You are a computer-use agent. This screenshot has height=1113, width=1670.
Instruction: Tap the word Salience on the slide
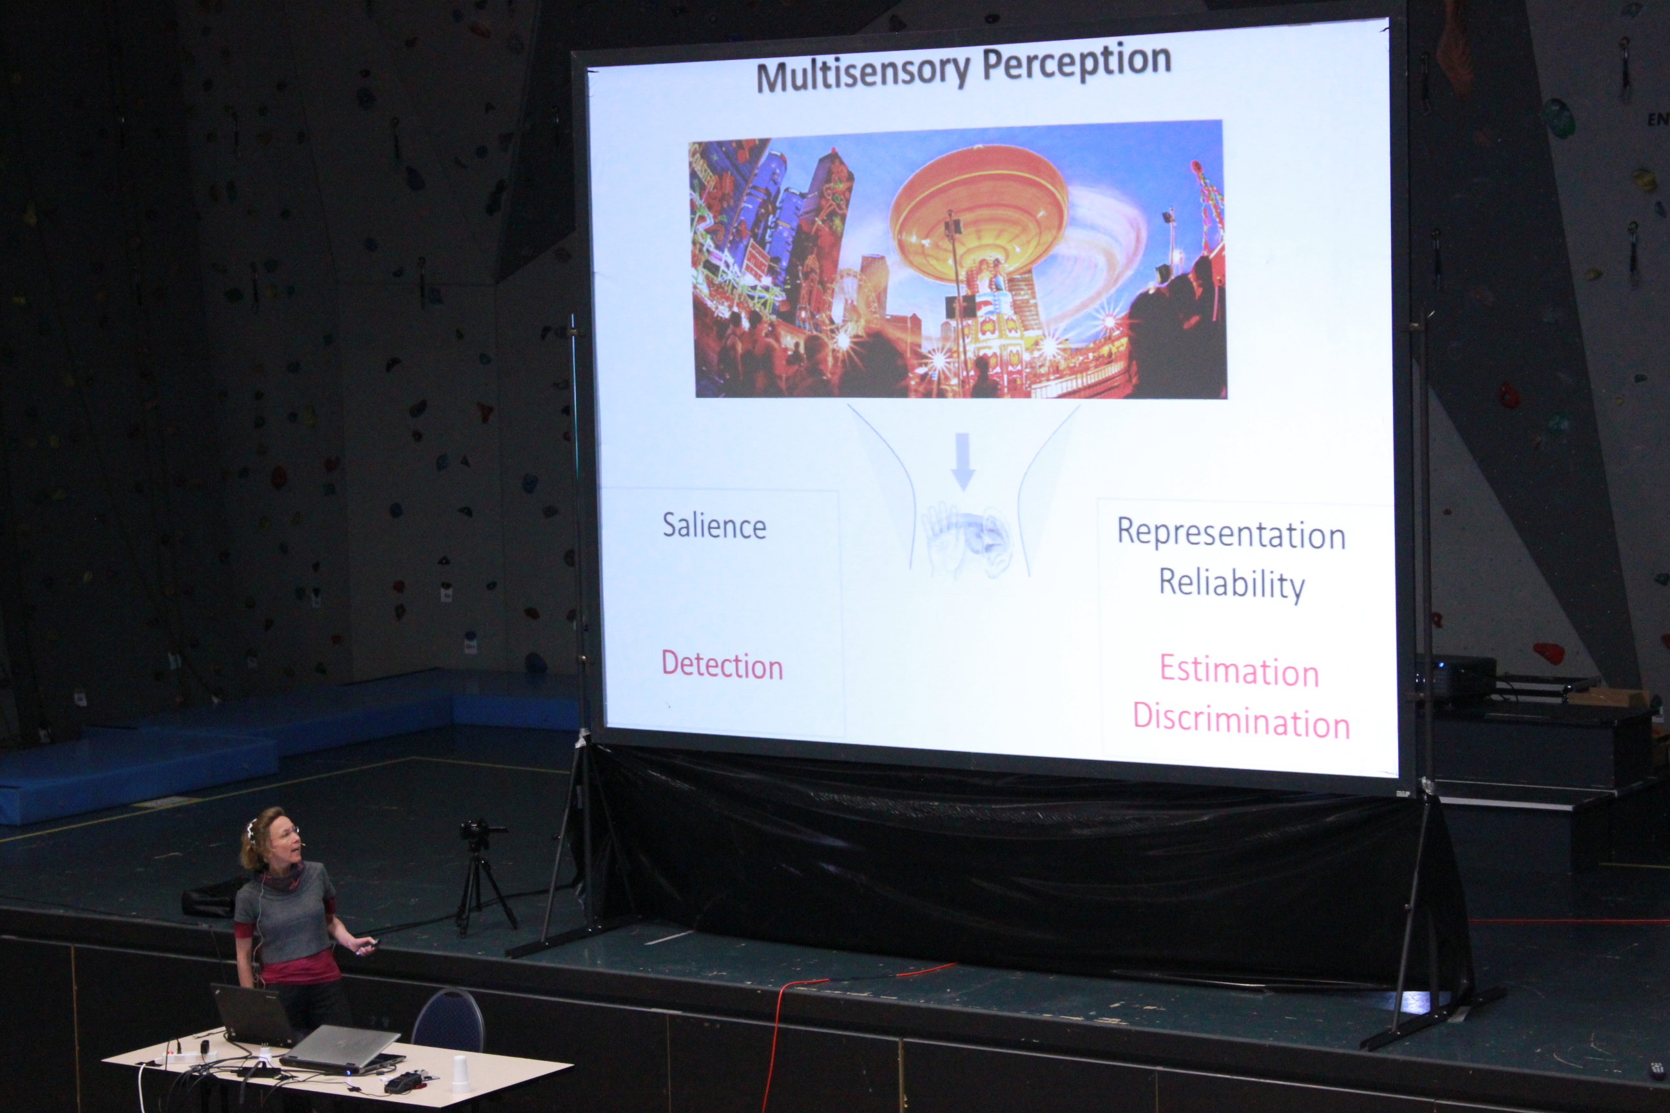715,526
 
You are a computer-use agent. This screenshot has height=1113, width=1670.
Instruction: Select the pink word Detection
722,666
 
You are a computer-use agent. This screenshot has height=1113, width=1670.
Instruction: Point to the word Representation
1231,534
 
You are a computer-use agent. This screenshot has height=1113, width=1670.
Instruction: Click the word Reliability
1232,584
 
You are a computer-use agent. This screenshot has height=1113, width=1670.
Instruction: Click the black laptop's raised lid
252,1013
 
